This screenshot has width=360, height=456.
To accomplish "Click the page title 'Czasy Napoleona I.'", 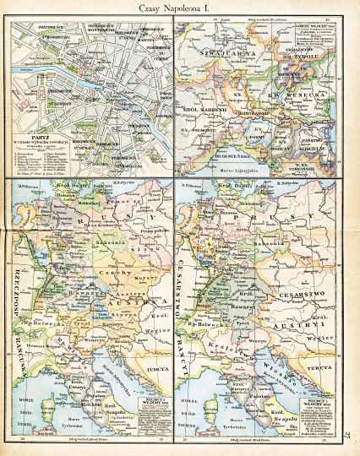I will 180,8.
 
